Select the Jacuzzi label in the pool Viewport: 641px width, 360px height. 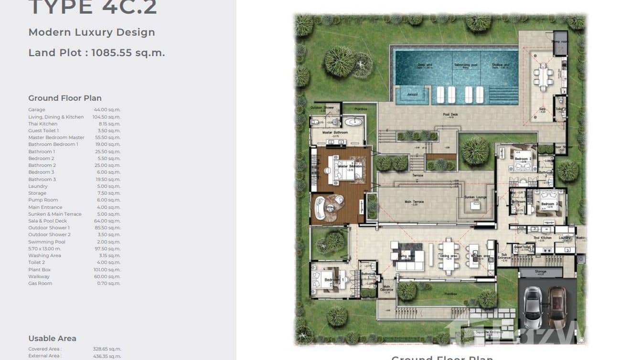point(412,95)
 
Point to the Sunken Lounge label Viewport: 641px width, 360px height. point(475,197)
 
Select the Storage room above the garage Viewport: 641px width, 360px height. point(541,273)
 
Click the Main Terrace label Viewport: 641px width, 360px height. point(414,202)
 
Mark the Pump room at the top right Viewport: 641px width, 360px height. point(559,42)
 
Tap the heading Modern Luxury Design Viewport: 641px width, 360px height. point(92,32)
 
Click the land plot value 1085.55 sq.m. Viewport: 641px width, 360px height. point(128,53)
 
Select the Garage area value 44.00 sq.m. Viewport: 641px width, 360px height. point(107,110)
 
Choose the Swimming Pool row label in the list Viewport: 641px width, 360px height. point(47,242)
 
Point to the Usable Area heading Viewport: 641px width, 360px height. point(52,339)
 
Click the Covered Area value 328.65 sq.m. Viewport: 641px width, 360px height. point(107,349)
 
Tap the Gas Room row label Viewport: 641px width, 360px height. point(40,284)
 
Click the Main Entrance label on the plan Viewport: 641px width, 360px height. point(386,288)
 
